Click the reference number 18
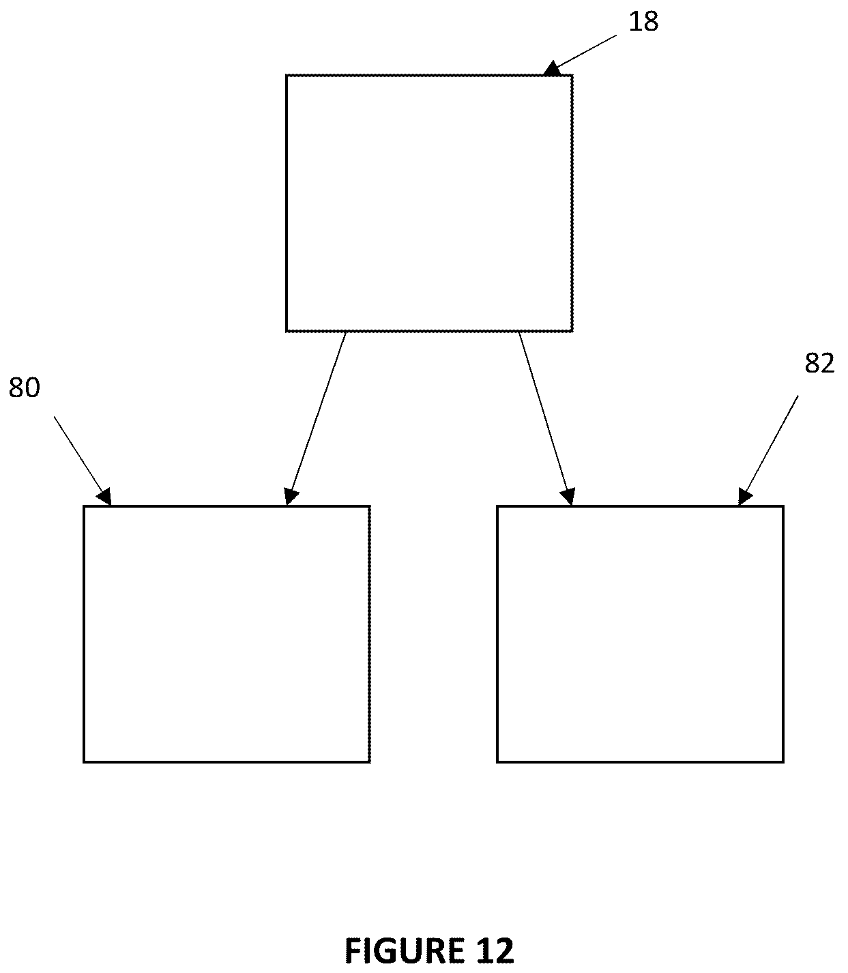click(x=643, y=22)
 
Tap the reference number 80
click(x=25, y=388)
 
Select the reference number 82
click(x=819, y=363)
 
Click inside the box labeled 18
click(x=429, y=203)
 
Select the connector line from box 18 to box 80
click(x=316, y=418)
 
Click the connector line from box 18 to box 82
click(x=546, y=418)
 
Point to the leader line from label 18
click(x=581, y=55)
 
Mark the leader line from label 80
click(x=83, y=461)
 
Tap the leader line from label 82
click(x=767, y=450)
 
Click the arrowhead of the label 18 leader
click(x=552, y=69)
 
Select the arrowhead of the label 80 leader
click(x=105, y=497)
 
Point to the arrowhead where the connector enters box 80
click(x=291, y=497)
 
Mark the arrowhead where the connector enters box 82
click(x=568, y=497)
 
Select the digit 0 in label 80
click(x=32, y=388)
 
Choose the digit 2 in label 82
click(x=828, y=363)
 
